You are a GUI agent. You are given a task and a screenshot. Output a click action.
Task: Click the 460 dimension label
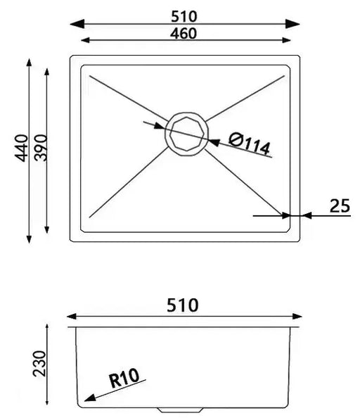184,32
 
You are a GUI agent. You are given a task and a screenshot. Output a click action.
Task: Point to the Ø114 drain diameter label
249,144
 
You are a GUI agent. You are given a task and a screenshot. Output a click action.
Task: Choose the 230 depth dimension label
39,364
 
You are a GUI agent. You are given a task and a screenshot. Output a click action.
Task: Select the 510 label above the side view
183,305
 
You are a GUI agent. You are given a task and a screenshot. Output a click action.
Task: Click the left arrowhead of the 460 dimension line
86,41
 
